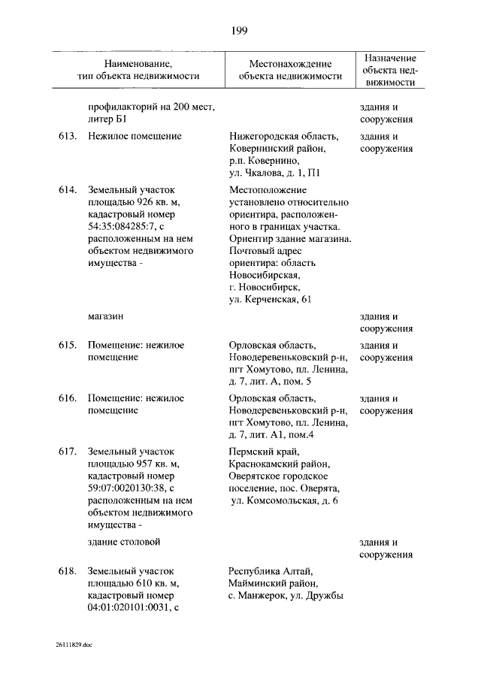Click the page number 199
[240, 30]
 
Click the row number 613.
[68, 137]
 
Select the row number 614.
[68, 190]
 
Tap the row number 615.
[68, 346]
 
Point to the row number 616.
[68, 398]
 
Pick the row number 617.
[68, 452]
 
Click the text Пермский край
[263, 452]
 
